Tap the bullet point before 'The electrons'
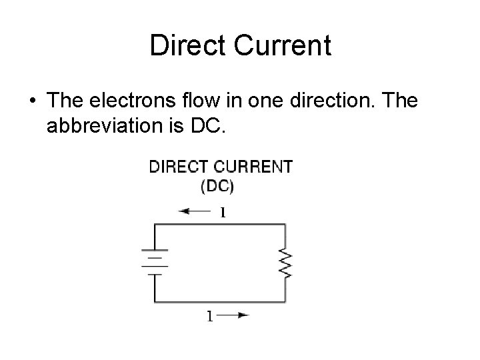[33, 101]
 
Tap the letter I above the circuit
[223, 213]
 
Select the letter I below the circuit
[209, 316]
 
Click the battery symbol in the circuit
[155, 262]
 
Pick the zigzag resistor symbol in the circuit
[286, 263]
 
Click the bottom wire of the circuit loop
[220, 301]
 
